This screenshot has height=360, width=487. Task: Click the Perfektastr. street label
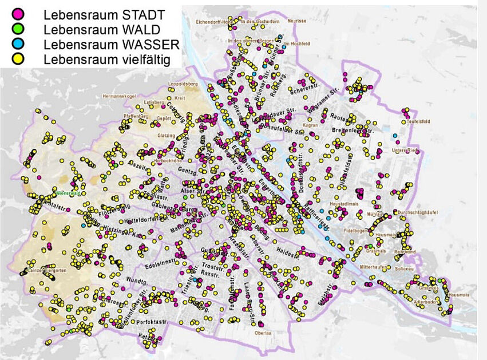tap(151, 323)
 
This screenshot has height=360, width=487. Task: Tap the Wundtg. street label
tap(138, 282)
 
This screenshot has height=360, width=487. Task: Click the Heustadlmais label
tap(345, 204)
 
